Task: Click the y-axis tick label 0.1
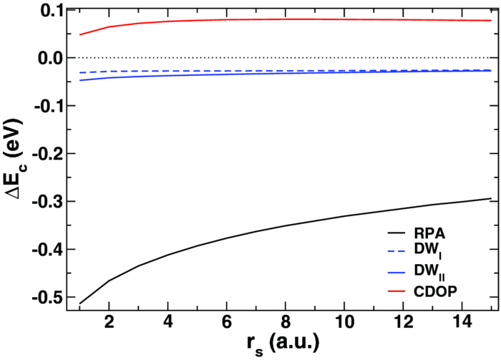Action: [53, 10]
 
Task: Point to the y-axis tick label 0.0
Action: [53, 58]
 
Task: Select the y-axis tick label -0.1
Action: [51, 106]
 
